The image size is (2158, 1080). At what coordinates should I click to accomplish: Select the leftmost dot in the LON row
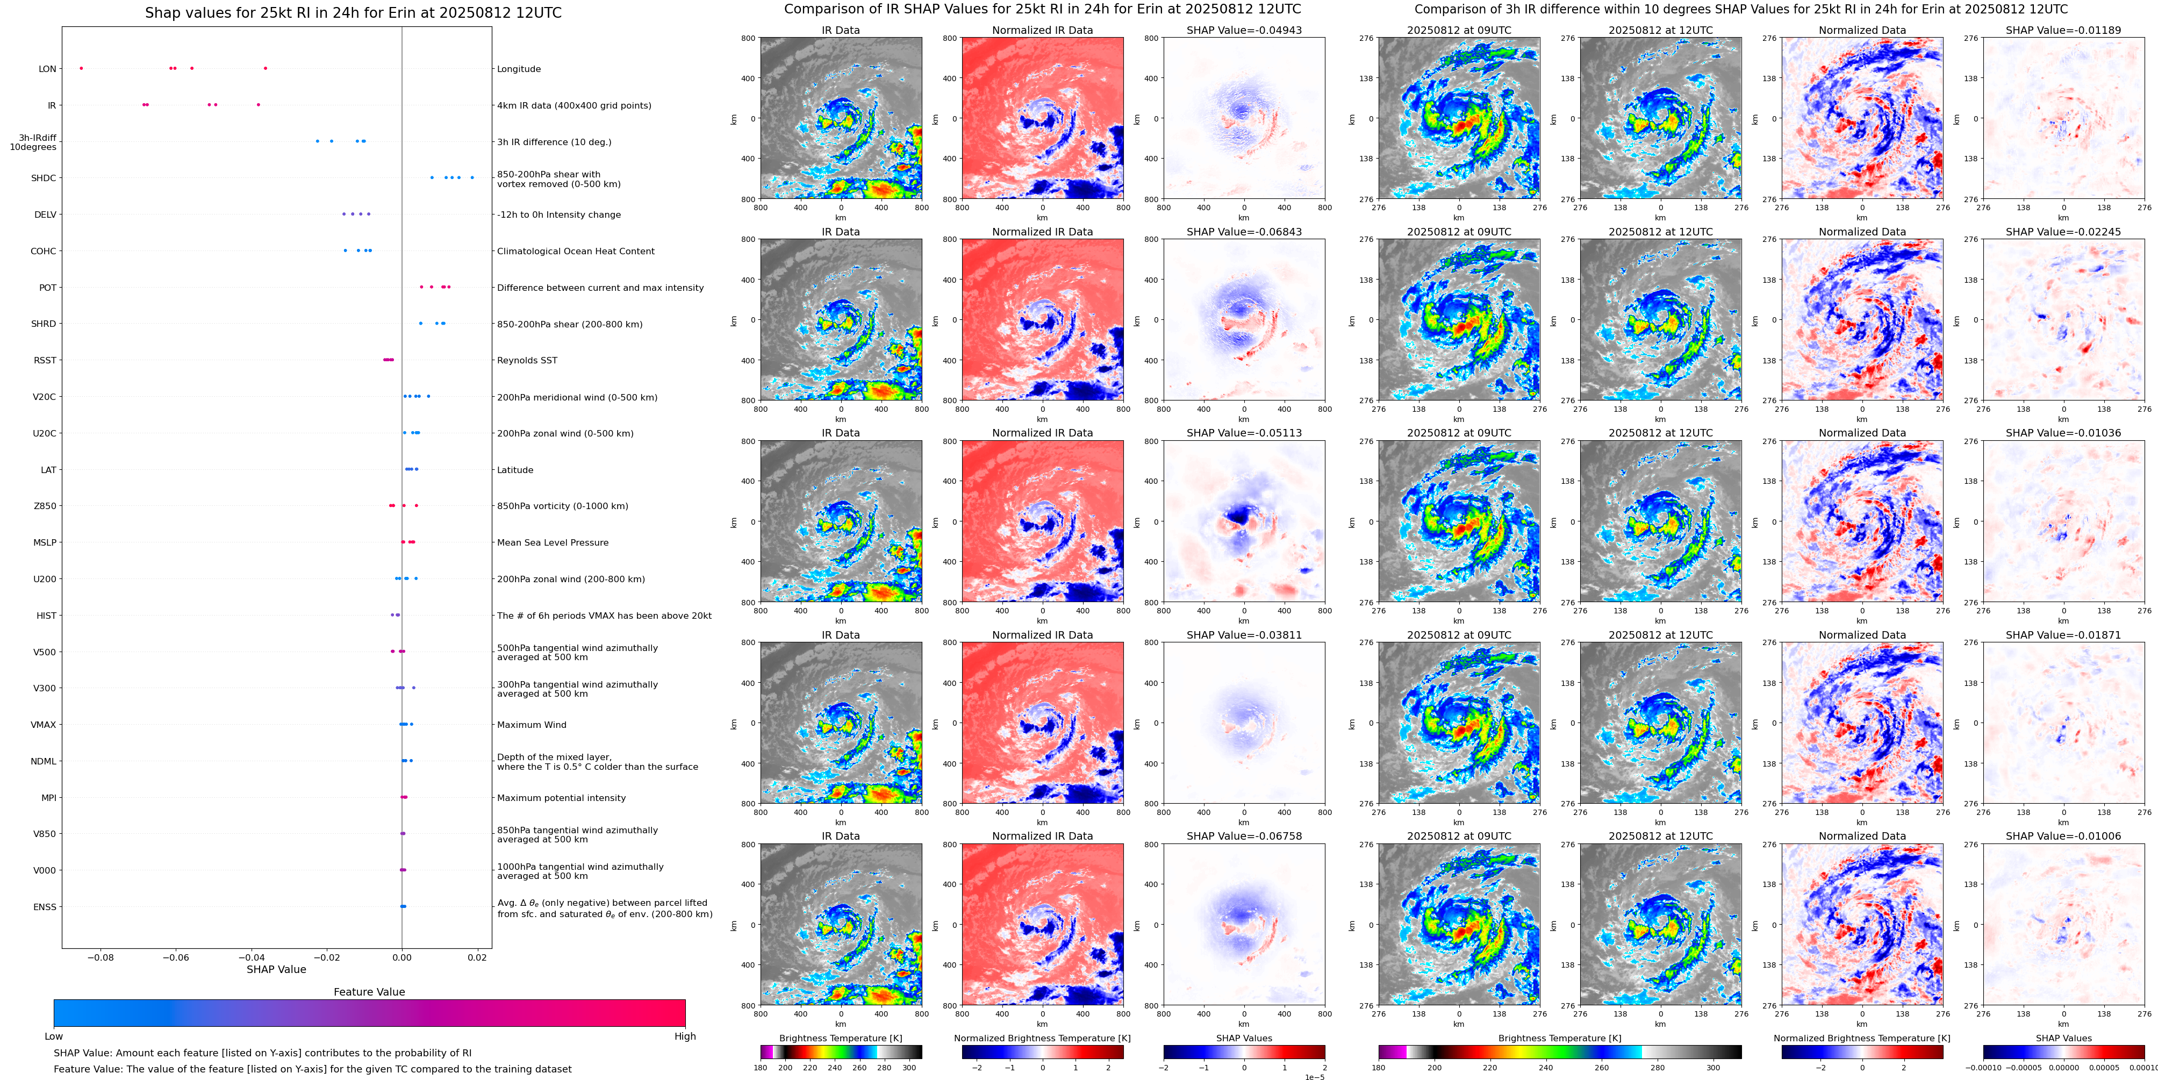(81, 68)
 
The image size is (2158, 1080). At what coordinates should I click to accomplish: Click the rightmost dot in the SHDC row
(472, 177)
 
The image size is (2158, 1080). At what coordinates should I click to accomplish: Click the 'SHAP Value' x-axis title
(276, 969)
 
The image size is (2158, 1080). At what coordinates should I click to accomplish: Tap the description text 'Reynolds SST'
(527, 360)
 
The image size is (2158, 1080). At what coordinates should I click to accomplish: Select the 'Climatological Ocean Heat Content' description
(576, 252)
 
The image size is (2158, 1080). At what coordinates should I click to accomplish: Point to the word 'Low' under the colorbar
(54, 1036)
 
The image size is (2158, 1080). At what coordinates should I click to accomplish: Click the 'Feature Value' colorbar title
(369, 992)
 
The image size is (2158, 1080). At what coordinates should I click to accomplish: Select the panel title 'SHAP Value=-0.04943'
(1244, 30)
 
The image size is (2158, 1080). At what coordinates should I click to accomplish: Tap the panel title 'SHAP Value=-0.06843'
(1244, 232)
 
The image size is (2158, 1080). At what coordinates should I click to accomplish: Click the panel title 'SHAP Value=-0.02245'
(2063, 232)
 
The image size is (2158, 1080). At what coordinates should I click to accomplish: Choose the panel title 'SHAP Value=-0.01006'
(2063, 836)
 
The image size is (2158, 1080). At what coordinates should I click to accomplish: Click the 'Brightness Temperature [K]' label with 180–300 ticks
(840, 1038)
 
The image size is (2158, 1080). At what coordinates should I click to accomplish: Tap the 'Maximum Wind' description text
(531, 725)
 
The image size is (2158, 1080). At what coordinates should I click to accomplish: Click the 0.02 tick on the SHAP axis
(477, 957)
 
